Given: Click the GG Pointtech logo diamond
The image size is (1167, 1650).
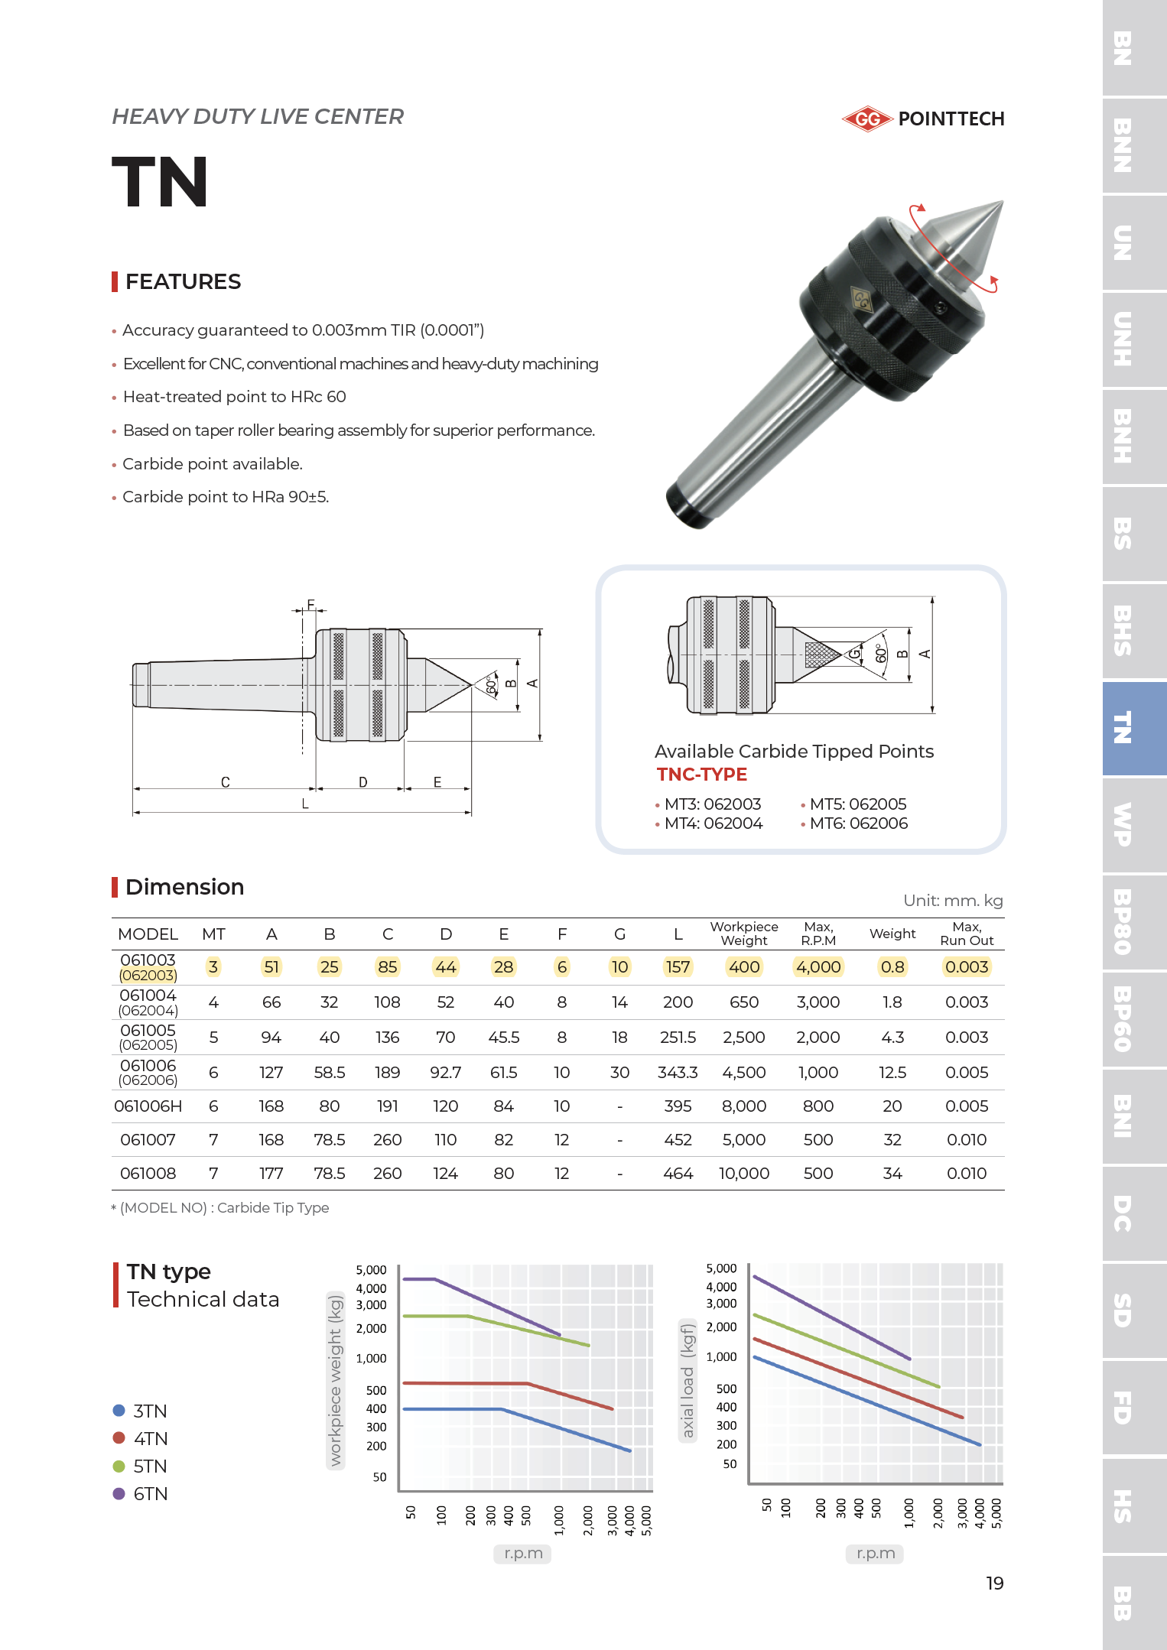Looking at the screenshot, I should [867, 119].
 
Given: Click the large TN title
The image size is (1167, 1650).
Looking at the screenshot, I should [161, 182].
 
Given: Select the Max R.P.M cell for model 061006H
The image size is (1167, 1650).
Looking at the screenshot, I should [818, 1106].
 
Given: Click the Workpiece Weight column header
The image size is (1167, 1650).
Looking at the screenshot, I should [743, 934].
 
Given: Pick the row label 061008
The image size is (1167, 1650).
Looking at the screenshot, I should [148, 1174].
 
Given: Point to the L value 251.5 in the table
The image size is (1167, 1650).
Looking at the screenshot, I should [678, 1038].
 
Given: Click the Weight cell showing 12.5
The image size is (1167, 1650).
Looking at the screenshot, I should [892, 1073].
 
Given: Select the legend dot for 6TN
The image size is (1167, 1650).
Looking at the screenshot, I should [119, 1493].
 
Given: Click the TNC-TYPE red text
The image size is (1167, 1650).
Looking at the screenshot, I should [701, 775].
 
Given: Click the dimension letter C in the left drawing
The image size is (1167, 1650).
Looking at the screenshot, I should [225, 782].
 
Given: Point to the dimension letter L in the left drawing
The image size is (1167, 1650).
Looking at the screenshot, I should [305, 804].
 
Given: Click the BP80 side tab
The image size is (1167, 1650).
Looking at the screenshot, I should [1122, 922].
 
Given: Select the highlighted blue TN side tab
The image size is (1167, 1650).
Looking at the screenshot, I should [1122, 728].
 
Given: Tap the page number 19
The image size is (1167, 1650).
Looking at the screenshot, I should [994, 1583].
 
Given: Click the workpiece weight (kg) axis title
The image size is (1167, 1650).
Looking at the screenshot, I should [335, 1380].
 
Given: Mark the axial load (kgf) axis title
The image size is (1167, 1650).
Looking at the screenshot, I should [688, 1380].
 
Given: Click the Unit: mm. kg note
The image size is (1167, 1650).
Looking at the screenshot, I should [952, 900].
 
